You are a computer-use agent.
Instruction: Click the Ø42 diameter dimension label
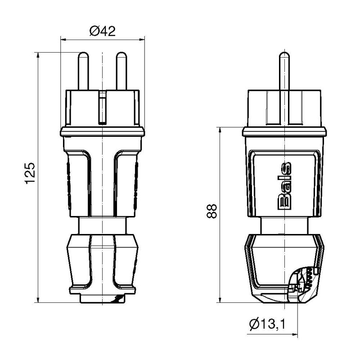(x=103, y=31)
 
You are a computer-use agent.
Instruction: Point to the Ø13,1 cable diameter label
(x=269, y=323)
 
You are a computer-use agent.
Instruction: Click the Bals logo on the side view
(x=284, y=186)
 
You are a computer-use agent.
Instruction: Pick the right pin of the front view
(x=121, y=71)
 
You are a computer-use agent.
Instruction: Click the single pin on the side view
(x=284, y=71)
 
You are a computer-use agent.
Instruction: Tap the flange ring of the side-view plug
(x=284, y=132)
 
